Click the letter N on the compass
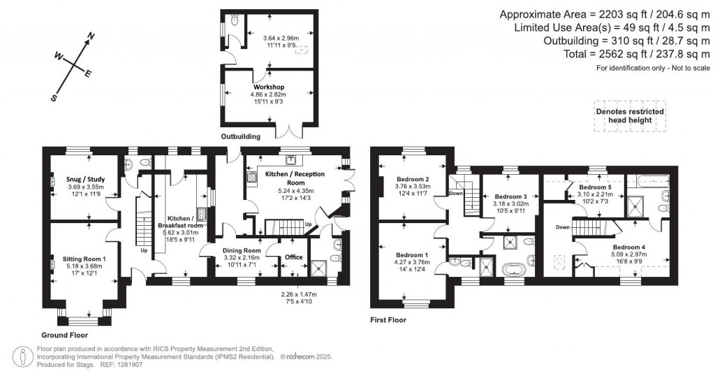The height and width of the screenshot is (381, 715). click(x=90, y=36)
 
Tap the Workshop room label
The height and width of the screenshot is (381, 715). click(x=268, y=87)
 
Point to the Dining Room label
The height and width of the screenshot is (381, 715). click(x=242, y=250)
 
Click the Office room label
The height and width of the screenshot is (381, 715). click(x=294, y=257)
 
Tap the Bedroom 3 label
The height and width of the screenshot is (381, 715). click(x=510, y=197)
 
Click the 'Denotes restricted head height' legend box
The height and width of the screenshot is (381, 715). click(x=629, y=115)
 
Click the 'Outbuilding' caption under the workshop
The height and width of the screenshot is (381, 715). click(x=241, y=136)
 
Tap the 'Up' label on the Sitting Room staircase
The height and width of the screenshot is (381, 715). click(x=145, y=250)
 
